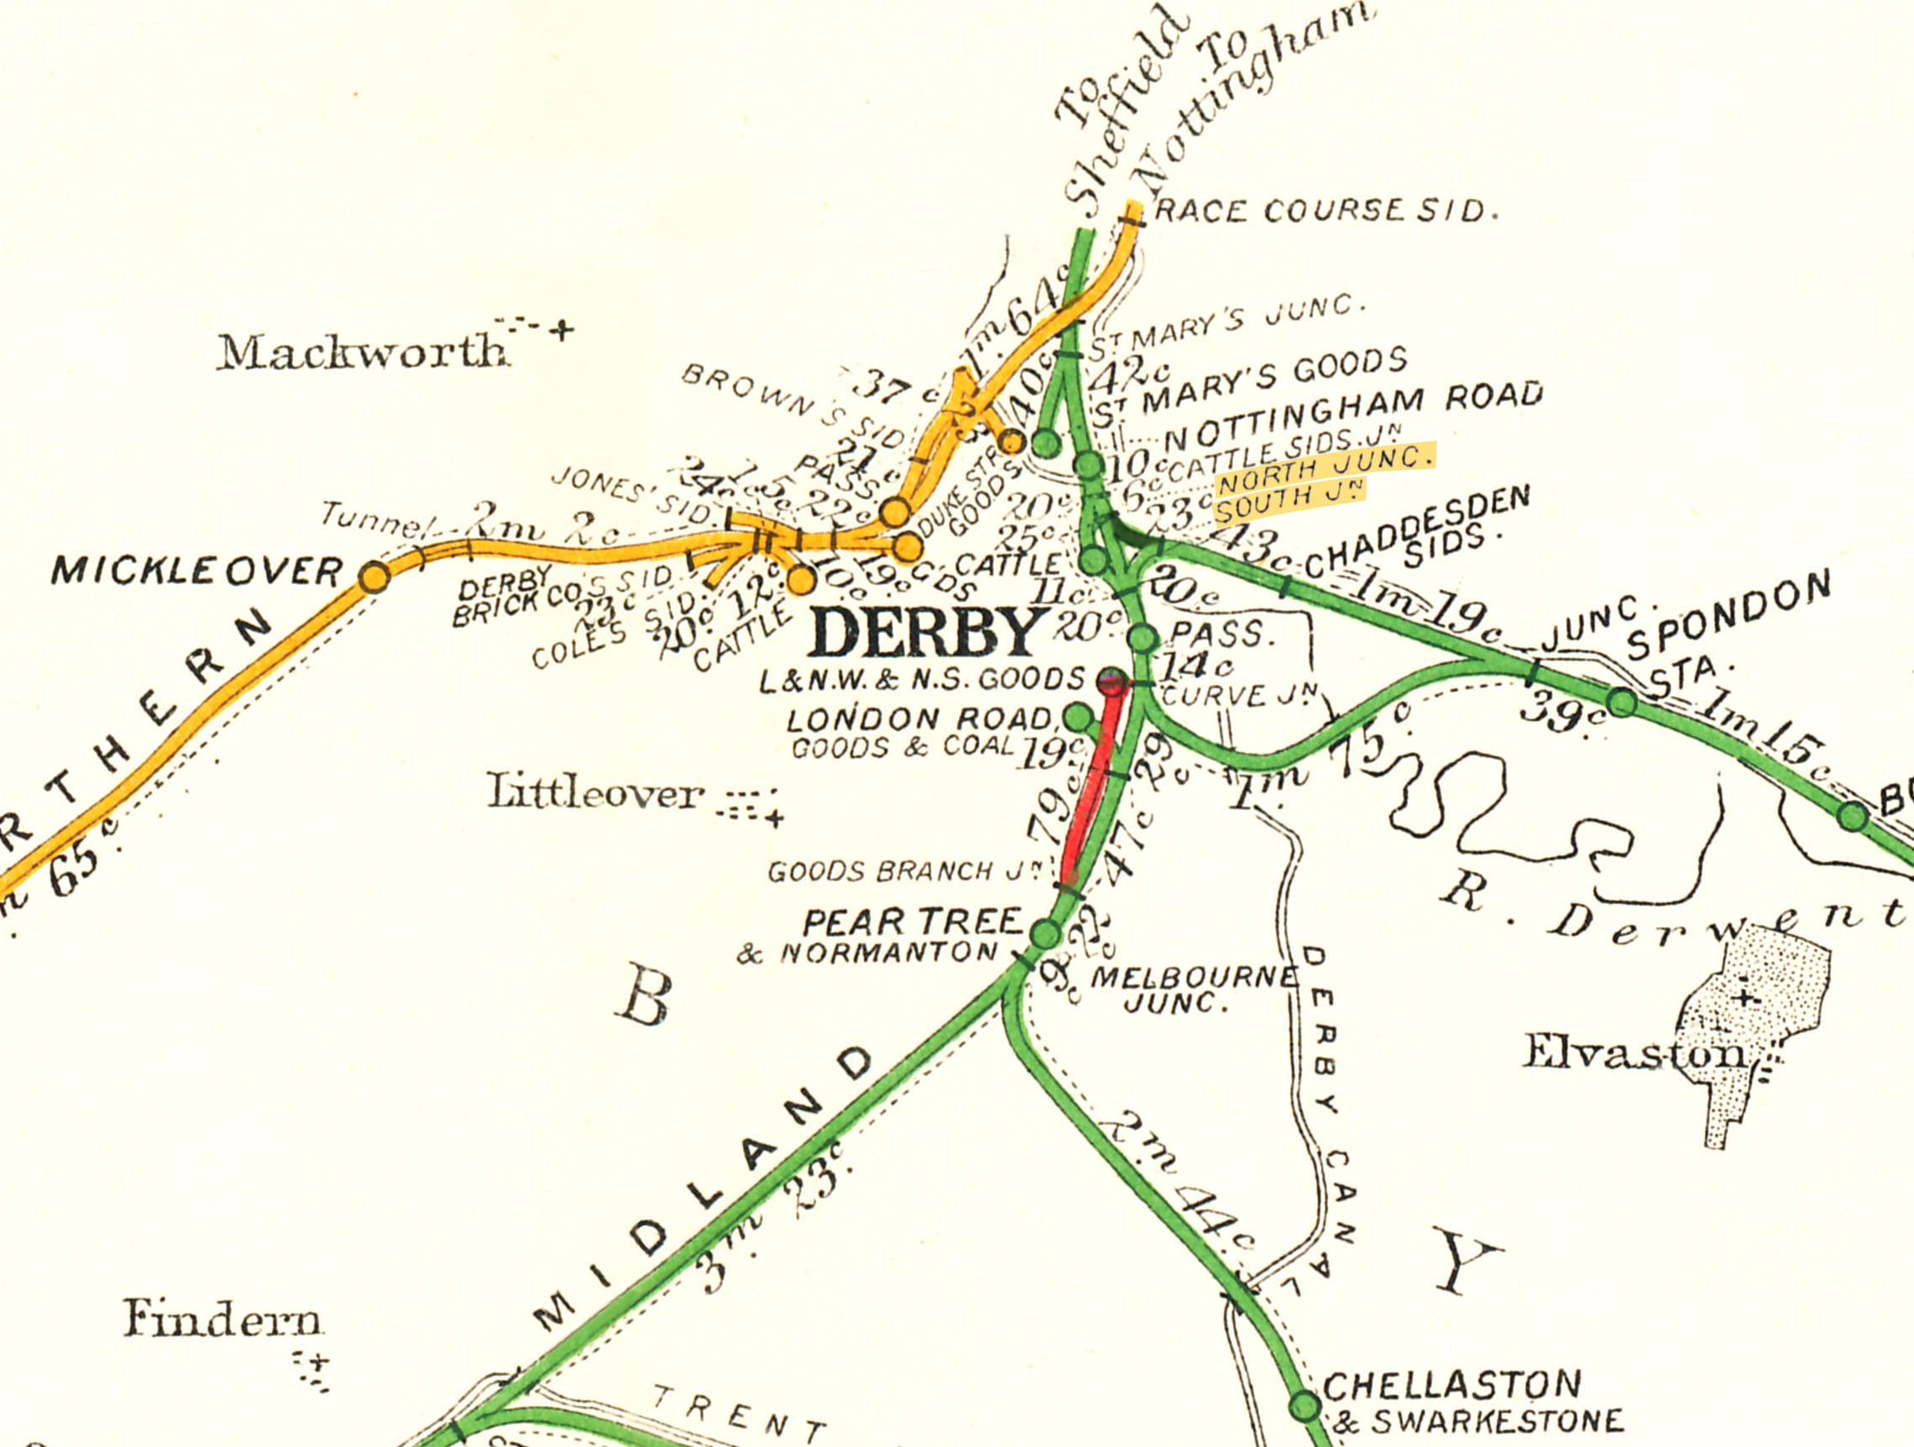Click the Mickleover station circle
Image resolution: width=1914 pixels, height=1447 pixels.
pos(374,576)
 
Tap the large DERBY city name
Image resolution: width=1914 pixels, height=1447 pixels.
pos(927,632)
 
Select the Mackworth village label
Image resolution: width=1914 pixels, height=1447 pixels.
pos(362,352)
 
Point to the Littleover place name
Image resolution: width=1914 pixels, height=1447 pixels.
pos(594,792)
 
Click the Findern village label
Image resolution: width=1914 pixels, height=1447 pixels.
pos(222,1319)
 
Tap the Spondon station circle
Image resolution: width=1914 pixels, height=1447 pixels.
pos(1623,702)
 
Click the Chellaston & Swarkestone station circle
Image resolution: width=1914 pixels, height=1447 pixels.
pos(1305,1406)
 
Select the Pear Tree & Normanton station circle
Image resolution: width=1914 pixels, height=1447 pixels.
pos(1045,934)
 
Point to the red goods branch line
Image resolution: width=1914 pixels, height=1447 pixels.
pos(1089,787)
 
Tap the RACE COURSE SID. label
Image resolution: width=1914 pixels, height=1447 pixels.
pos(1326,211)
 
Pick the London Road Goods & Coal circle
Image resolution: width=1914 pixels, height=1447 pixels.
pos(1077,717)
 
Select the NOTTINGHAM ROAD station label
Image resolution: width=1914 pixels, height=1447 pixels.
pos(1354,417)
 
